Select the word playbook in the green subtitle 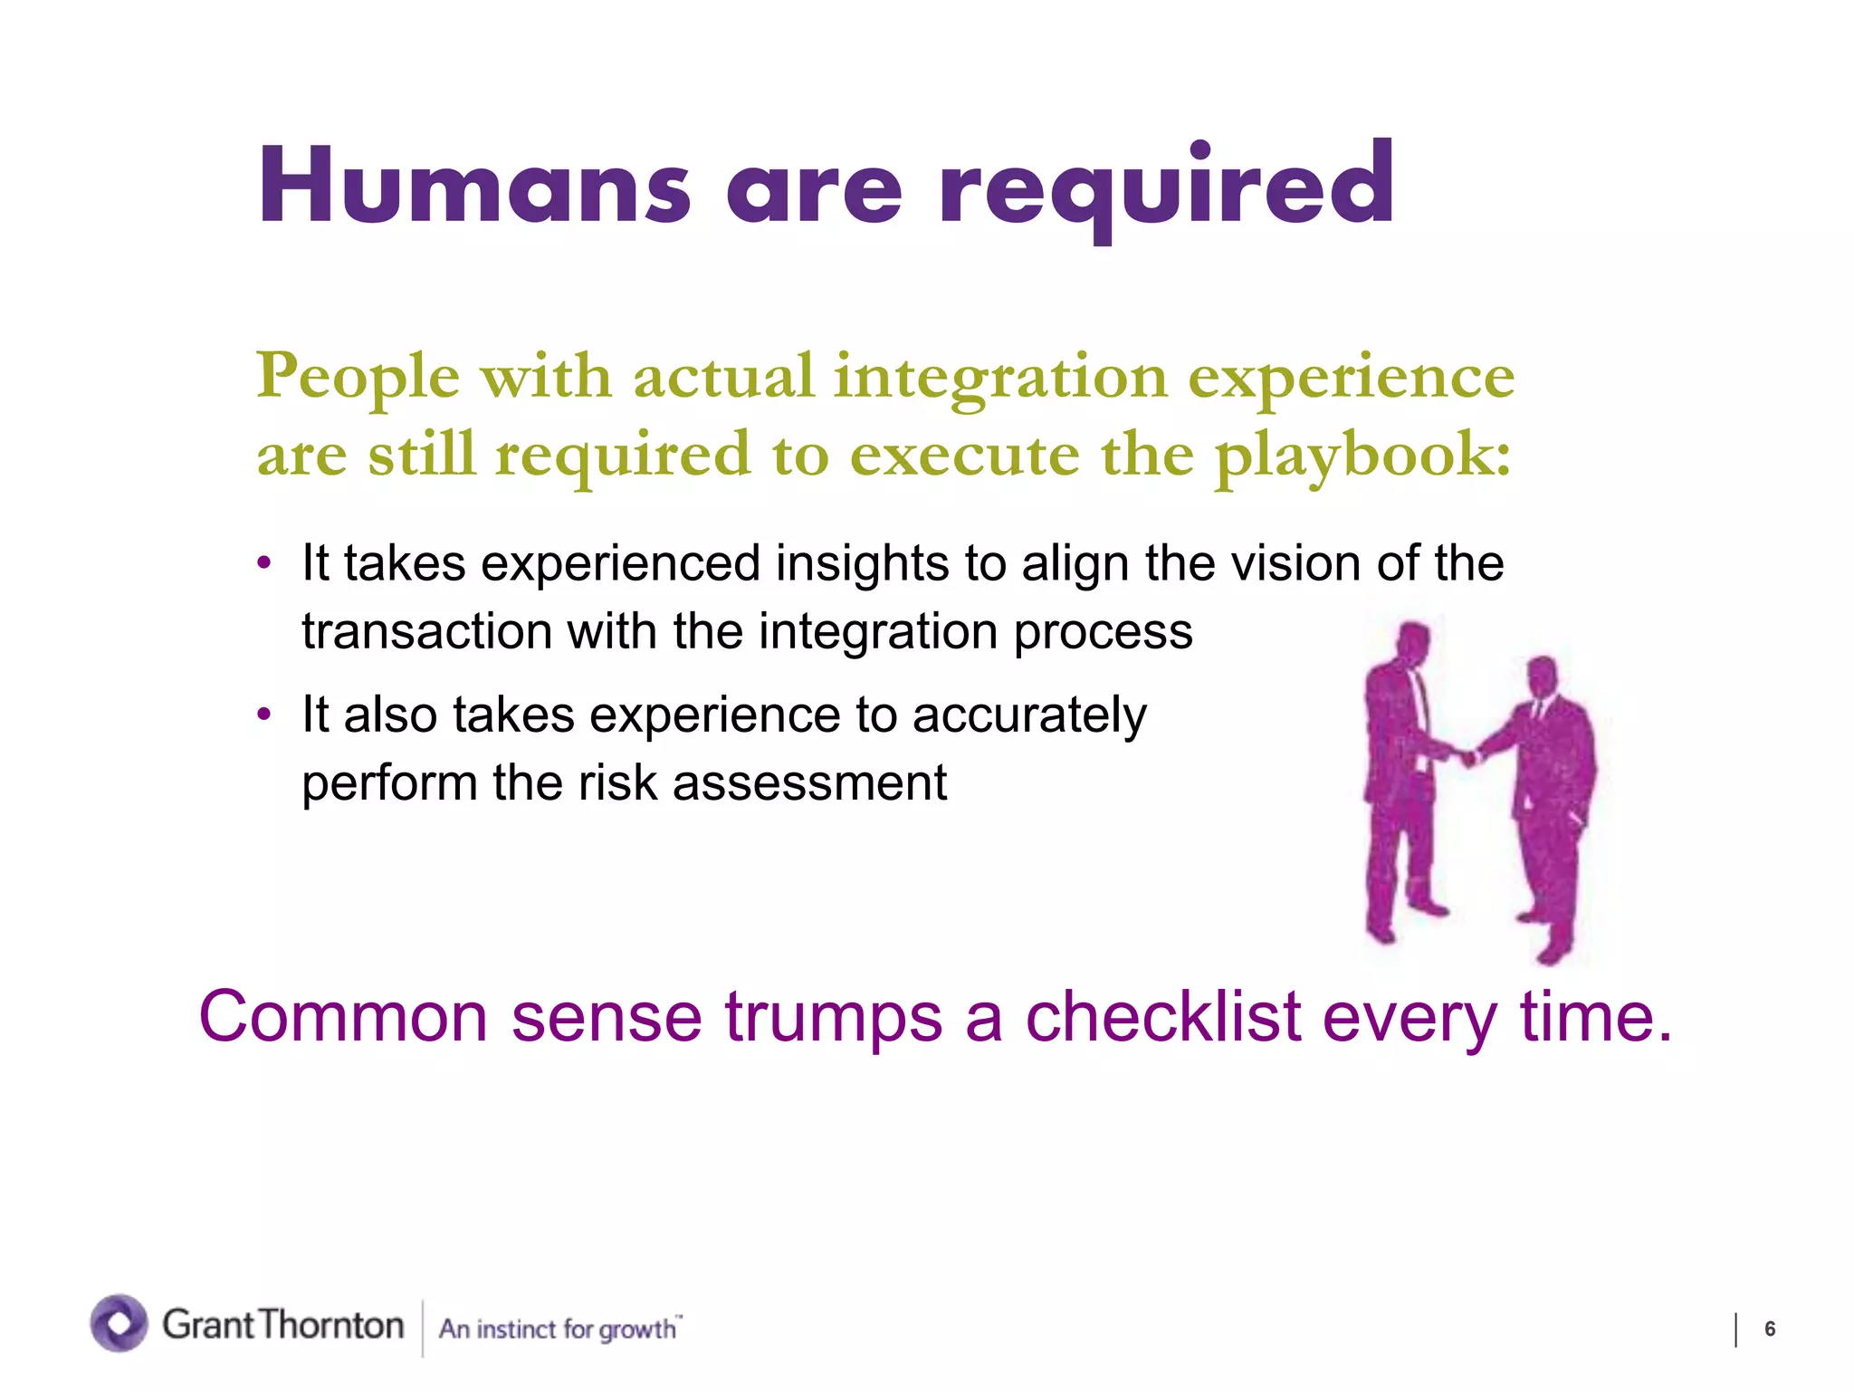coord(1362,456)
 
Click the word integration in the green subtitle coord(1000,377)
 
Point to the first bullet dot coord(264,563)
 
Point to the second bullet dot coord(264,715)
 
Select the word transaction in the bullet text coord(426,631)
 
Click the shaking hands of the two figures coord(1467,754)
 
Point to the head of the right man coord(1541,675)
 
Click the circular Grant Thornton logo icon coord(119,1323)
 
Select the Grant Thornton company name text coord(282,1325)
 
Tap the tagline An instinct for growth coord(559,1329)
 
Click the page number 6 coord(1770,1329)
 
